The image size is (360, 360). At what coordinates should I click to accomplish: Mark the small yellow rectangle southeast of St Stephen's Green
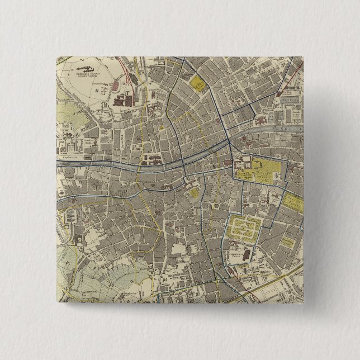pos(287,242)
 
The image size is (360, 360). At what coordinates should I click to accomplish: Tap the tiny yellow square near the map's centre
pos(193,192)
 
